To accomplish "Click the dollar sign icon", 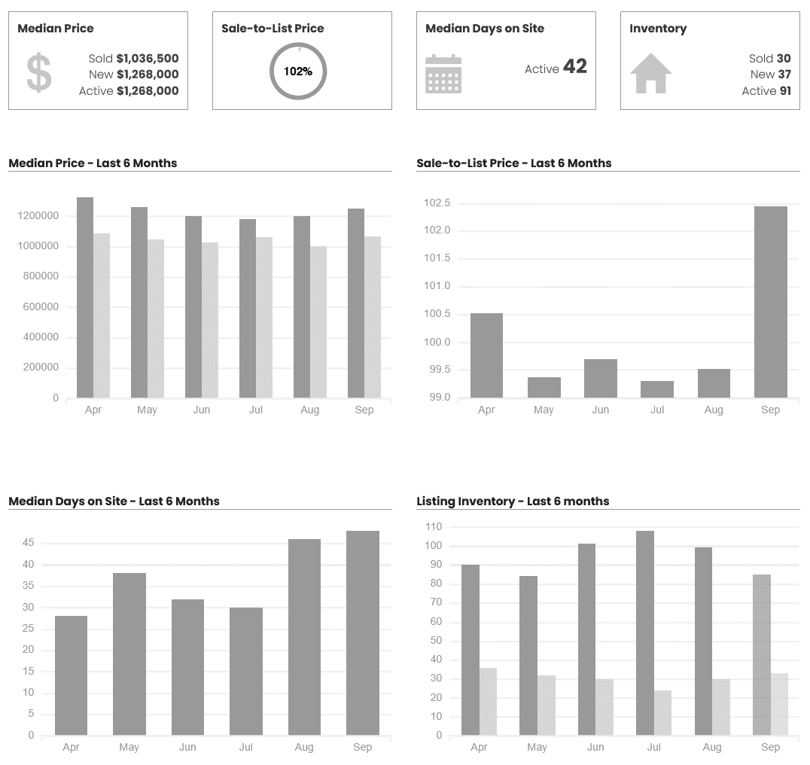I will [39, 74].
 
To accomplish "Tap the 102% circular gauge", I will [298, 72].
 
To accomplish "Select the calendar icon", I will [443, 74].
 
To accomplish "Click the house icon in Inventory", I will [650, 73].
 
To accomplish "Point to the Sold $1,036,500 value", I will [147, 58].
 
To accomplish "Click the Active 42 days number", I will [574, 67].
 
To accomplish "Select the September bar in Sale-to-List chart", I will [770, 301].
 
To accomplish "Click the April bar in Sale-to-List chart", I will [486, 355].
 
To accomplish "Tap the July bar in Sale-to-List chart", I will [657, 389].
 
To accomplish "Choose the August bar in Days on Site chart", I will [304, 636].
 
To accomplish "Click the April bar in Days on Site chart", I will [71, 675].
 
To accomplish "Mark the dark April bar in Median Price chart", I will [85, 297].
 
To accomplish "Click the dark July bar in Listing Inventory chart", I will [645, 632].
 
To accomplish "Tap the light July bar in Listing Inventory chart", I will [662, 712].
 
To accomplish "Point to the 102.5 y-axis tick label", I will [437, 203].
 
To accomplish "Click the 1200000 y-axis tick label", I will [38, 216].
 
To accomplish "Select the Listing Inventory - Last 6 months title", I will [513, 501].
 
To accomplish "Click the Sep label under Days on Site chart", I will [362, 747].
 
